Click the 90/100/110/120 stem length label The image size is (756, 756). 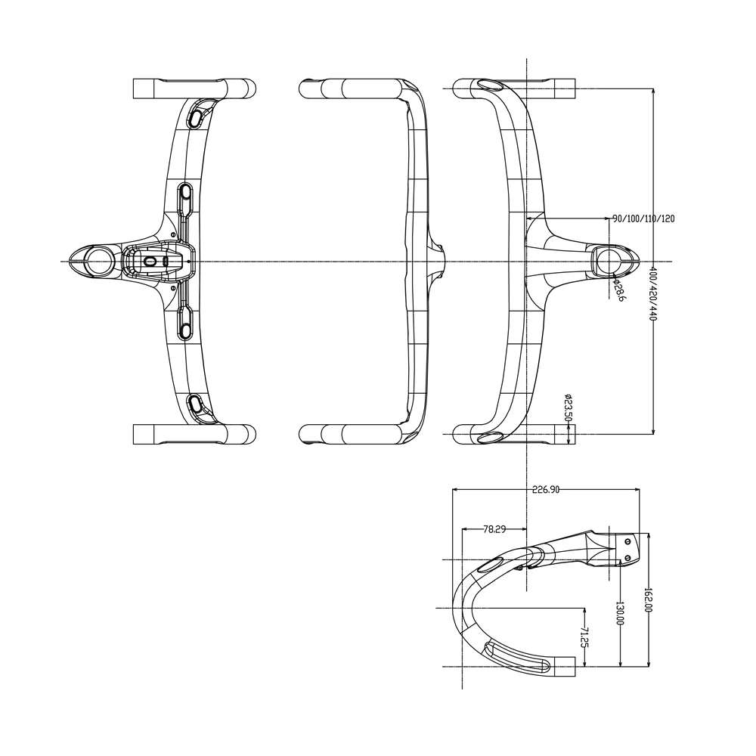643,218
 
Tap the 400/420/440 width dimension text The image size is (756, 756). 653,293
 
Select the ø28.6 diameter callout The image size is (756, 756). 618,290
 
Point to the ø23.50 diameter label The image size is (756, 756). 569,408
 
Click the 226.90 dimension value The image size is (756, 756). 546,489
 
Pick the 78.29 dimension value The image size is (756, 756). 494,529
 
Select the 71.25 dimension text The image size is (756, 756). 585,637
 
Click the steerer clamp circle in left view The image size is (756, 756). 100,261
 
